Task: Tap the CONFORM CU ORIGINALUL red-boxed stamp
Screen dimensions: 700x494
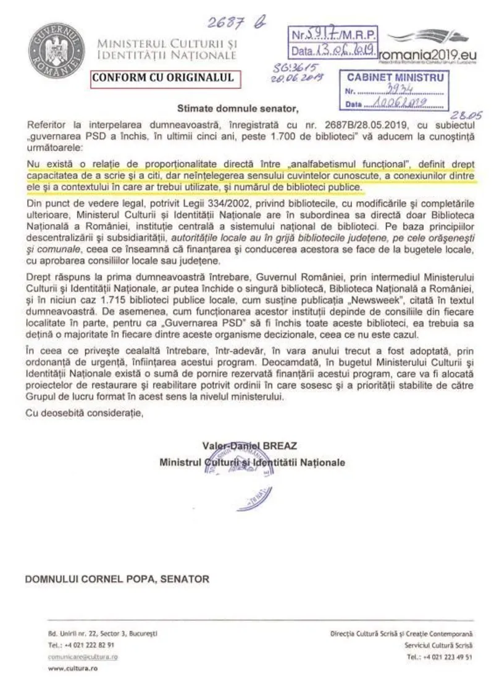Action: point(162,78)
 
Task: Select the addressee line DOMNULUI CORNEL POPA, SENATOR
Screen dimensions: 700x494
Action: point(117,579)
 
